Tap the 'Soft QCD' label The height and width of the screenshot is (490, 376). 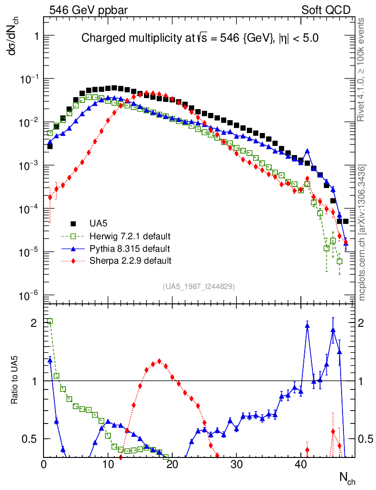tap(326, 10)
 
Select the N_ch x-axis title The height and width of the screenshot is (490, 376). tap(347, 478)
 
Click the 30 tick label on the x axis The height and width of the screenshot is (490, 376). tap(236, 464)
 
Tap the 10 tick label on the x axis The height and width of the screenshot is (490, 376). tap(108, 464)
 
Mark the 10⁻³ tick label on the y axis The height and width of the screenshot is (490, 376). tap(28, 166)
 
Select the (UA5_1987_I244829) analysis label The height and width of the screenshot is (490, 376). tap(199, 286)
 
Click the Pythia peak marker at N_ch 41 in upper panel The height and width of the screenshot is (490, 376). tap(307, 151)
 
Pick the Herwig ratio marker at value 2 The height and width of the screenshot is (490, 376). tap(50, 321)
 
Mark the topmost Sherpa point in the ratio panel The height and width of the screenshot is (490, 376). tap(159, 361)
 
